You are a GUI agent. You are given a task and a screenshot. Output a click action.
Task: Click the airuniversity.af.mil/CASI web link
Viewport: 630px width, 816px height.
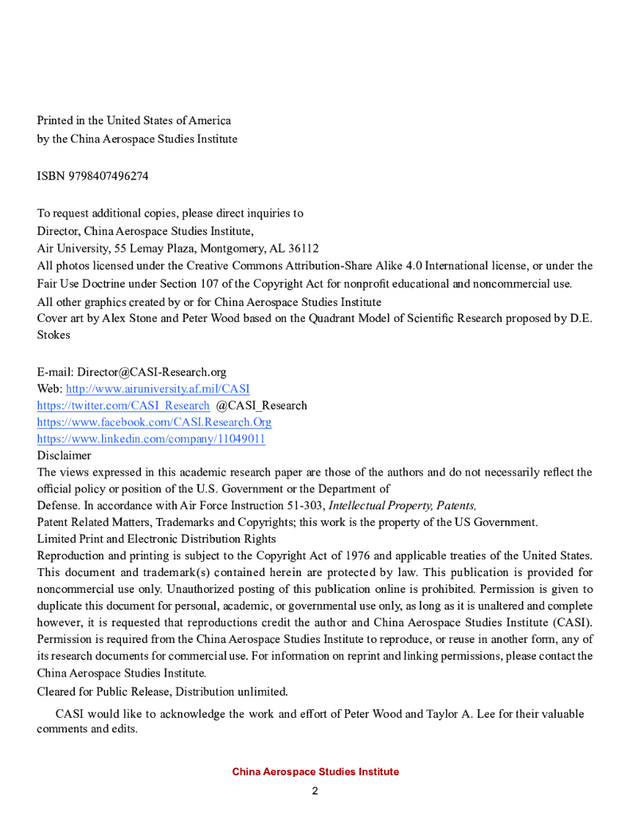(157, 389)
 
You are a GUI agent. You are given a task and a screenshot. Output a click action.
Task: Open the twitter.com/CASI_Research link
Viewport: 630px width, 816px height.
(123, 406)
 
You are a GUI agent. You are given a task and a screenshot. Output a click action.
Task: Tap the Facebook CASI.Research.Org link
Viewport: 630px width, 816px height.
(154, 422)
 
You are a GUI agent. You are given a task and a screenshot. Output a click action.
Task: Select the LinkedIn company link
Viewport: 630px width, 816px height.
(151, 439)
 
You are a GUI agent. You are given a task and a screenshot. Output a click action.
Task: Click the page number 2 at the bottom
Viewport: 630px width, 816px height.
(315, 791)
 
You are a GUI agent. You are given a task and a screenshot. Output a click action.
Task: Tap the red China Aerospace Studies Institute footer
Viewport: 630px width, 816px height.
(315, 772)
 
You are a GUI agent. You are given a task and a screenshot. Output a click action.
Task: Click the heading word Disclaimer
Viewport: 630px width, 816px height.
(64, 456)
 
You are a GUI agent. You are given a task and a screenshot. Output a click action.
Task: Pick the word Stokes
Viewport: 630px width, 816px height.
(53, 335)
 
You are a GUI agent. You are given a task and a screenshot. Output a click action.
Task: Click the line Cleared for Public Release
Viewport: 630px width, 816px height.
(162, 691)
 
